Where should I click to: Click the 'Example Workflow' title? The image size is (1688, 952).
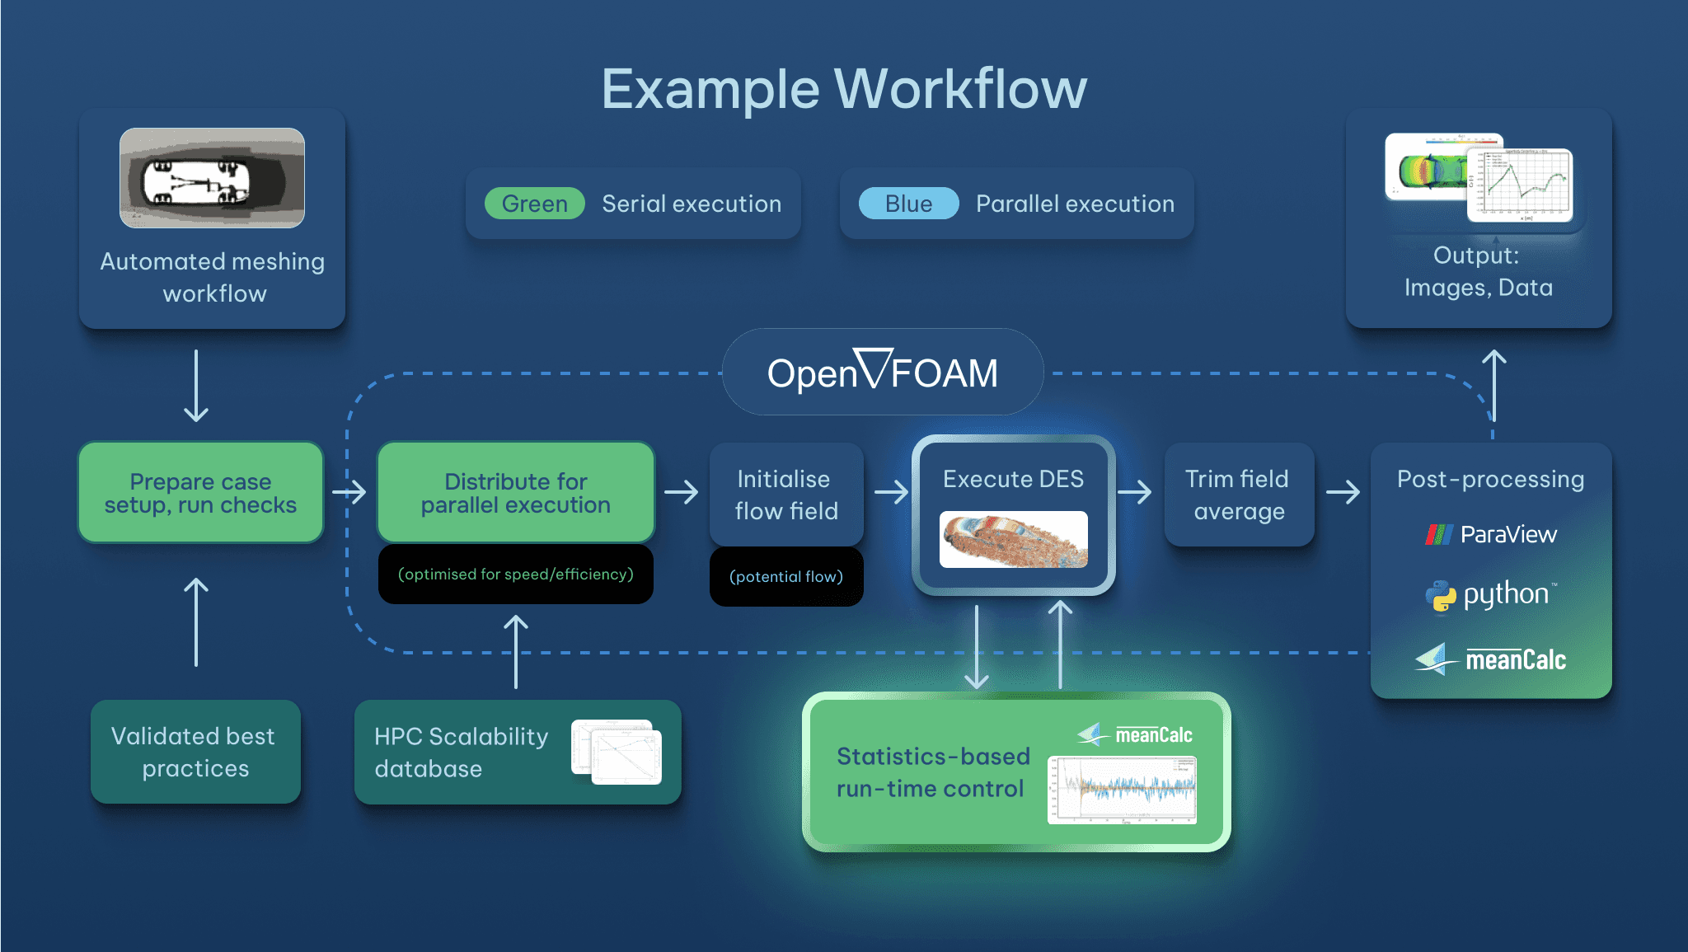point(844,89)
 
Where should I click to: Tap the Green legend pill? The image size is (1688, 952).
point(534,204)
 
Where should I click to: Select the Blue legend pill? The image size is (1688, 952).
point(908,204)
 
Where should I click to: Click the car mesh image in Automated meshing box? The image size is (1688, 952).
point(212,178)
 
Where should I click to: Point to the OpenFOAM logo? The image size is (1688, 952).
point(882,373)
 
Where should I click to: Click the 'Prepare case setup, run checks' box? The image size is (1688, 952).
point(201,493)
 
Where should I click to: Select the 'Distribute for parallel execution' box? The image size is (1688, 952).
point(516,493)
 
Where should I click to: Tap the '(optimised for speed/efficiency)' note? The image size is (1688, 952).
point(516,574)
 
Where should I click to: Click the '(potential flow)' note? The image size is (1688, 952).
point(786,577)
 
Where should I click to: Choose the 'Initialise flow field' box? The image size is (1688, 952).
point(786,495)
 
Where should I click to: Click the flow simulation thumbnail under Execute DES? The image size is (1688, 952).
point(1014,540)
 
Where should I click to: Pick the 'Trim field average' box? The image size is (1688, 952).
point(1239,495)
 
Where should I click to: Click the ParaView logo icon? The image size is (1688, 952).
point(1439,535)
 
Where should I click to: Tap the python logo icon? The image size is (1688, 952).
point(1441,595)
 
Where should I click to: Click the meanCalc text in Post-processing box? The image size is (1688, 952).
point(1515,660)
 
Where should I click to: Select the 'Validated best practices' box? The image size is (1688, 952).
point(195,752)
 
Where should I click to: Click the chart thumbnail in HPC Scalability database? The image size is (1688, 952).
point(617,753)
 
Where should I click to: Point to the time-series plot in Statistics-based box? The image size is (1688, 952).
point(1122,790)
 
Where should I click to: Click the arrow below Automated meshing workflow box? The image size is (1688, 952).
point(196,386)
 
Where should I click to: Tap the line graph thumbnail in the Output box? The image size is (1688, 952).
point(1519,185)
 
